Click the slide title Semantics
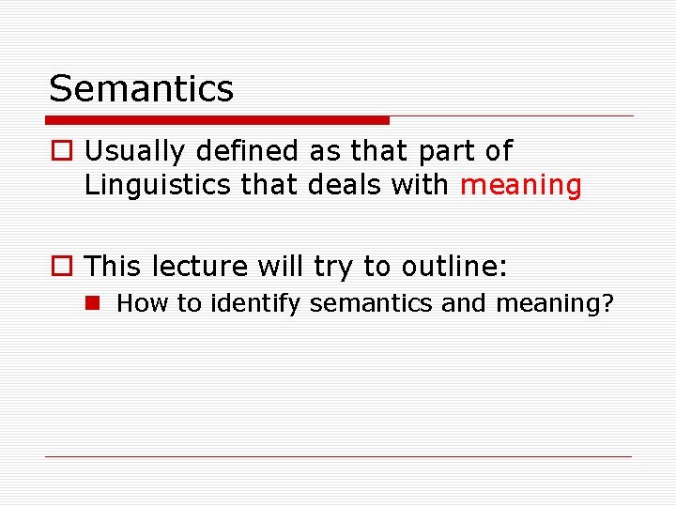pyautogui.click(x=141, y=89)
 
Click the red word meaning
pyautogui.click(x=521, y=186)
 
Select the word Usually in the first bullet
pyautogui.click(x=137, y=151)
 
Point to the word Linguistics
pyautogui.click(x=157, y=185)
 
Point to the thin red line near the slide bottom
pyautogui.click(x=338, y=457)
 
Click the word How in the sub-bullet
pyautogui.click(x=137, y=303)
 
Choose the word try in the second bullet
pyautogui.click(x=332, y=268)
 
